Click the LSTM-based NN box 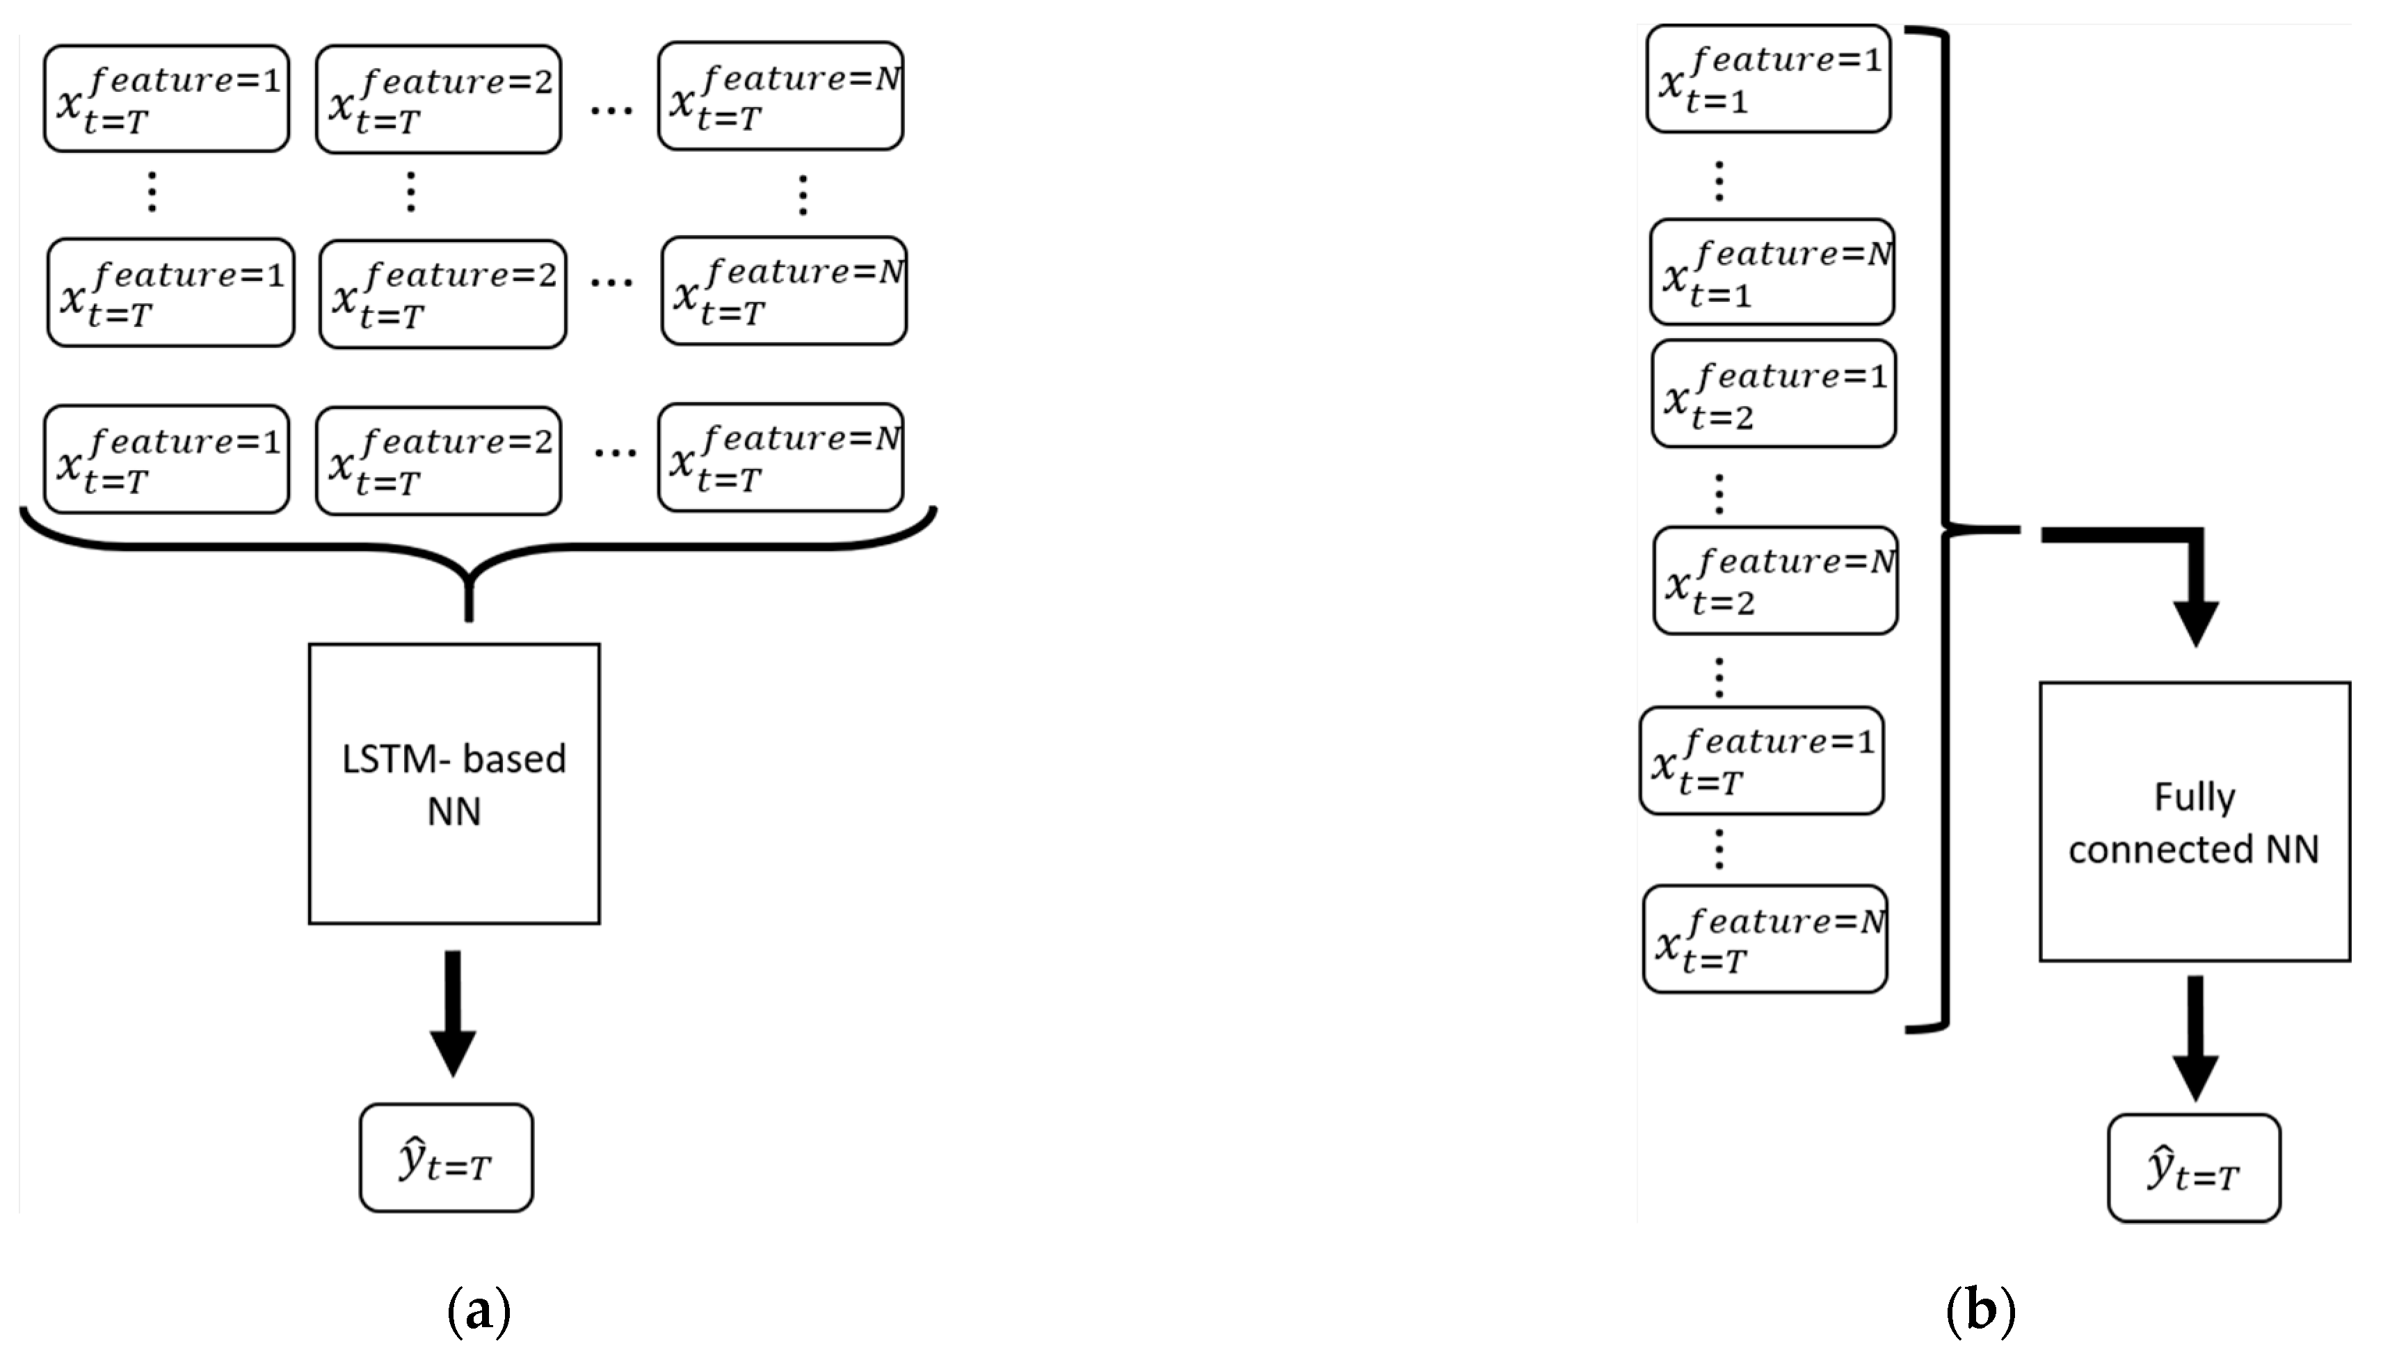point(454,784)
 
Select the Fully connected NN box point(2194,821)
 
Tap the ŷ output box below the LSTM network point(447,1157)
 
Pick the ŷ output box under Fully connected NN point(2194,1168)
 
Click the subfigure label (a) point(479,1310)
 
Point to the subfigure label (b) point(1980,1310)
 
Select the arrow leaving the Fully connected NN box point(2195,1038)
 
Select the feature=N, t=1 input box point(1772,272)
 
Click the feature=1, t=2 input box point(1774,394)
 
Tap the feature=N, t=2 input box point(1775,581)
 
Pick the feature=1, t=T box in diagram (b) point(1761,760)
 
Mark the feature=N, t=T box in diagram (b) point(1765,939)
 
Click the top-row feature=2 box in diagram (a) point(438,99)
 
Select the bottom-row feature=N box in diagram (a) point(780,458)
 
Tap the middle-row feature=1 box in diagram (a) point(170,292)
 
